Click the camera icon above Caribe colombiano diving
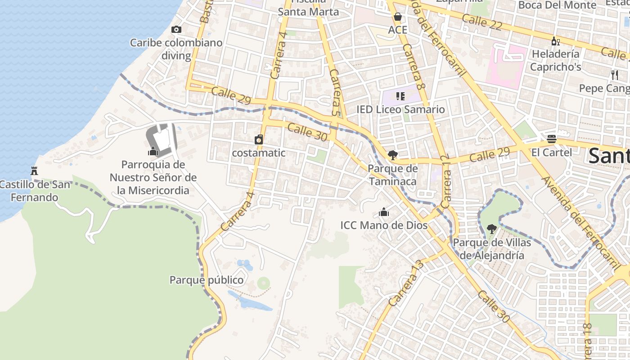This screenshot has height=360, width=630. click(x=176, y=30)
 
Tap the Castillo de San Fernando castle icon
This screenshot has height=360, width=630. click(x=34, y=171)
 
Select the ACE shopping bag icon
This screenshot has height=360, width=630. click(x=398, y=17)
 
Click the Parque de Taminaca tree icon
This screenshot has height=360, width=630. click(x=393, y=156)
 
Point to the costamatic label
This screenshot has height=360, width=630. click(x=259, y=153)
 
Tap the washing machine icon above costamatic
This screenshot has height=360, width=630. click(x=259, y=139)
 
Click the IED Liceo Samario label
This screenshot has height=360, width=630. click(x=400, y=109)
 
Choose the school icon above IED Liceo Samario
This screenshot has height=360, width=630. click(x=400, y=96)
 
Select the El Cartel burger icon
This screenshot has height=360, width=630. click(x=552, y=139)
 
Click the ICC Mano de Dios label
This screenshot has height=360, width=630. click(x=384, y=225)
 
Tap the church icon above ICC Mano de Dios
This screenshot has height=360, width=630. click(x=384, y=211)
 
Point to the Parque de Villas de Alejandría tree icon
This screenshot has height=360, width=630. click(x=492, y=229)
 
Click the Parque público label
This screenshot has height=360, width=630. click(x=207, y=280)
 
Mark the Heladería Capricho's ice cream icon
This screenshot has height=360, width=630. click(x=555, y=41)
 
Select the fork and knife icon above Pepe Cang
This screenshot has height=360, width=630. click(x=615, y=75)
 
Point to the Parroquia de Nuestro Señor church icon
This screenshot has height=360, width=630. click(x=153, y=151)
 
